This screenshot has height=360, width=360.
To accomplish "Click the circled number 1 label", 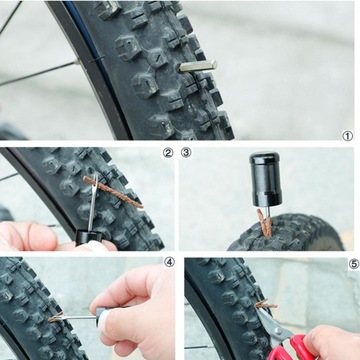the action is tap(348, 136).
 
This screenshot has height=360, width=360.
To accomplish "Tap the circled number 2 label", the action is tap(168, 153).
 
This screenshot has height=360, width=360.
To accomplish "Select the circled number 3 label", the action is tap(186, 153).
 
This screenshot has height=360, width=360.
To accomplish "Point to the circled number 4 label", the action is tap(169, 262).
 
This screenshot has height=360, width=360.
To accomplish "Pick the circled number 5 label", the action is tap(354, 264).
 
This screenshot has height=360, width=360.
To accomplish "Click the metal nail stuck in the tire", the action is tap(198, 66).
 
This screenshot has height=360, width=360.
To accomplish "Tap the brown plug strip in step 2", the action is tap(113, 192).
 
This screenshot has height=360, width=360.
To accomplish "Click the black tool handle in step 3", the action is tap(265, 179).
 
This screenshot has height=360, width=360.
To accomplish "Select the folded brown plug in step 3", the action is tap(265, 223).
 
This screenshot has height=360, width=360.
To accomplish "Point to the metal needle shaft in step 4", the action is tap(79, 317).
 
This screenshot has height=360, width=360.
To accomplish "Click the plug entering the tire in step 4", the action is tap(55, 317).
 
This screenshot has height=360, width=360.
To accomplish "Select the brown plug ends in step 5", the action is tap(266, 304).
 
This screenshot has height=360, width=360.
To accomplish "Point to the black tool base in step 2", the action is tap(88, 236).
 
